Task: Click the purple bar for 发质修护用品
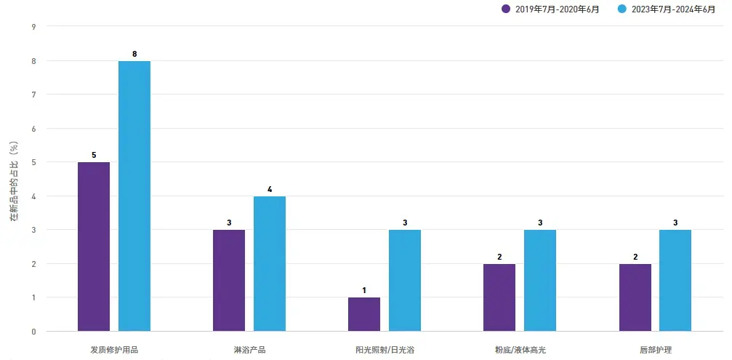(x=94, y=247)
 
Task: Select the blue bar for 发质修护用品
(x=134, y=196)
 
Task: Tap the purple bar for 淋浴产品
(x=229, y=280)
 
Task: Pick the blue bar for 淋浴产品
(x=270, y=263)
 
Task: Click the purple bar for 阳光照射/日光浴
(x=364, y=314)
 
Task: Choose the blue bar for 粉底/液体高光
(x=540, y=280)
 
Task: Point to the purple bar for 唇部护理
(x=635, y=297)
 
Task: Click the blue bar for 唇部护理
(x=675, y=280)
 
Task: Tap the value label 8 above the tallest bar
(x=134, y=55)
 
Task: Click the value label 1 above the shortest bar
(x=364, y=291)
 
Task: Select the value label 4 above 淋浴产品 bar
(x=270, y=190)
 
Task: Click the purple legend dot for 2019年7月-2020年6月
(x=506, y=9)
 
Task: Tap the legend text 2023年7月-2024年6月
(x=674, y=9)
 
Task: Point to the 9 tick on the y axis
(x=33, y=27)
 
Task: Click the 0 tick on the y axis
(x=33, y=332)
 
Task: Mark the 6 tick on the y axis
(x=33, y=129)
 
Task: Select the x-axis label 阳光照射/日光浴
(x=385, y=350)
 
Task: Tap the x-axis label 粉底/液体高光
(x=520, y=350)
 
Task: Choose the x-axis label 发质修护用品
(x=114, y=350)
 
